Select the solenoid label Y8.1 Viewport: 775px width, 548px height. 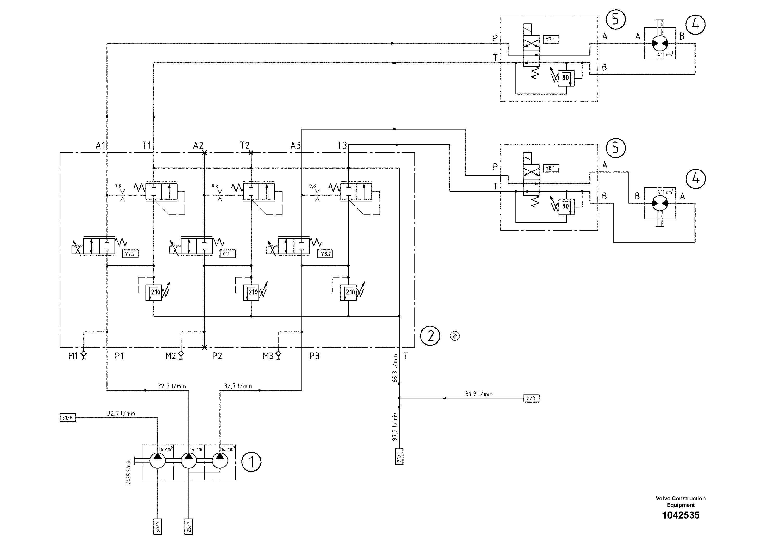(551, 168)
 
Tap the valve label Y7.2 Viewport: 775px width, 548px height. (130, 254)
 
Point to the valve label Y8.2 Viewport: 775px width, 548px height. (325, 254)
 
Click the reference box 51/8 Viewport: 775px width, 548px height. (67, 418)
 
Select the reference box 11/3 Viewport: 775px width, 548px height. (531, 398)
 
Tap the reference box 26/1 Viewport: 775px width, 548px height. (399, 457)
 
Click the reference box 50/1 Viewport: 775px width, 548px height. (158, 526)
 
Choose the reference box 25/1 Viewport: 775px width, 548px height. (189, 526)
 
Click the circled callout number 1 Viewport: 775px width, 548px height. (251, 462)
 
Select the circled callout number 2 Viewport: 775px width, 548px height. (430, 336)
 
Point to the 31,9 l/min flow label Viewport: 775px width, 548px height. (479, 394)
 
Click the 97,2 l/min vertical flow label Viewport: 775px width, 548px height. (395, 427)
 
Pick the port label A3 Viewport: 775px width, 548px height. (295, 146)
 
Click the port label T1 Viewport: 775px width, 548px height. (147, 146)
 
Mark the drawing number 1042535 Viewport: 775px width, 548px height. (681, 515)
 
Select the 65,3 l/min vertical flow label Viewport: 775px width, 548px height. (395, 368)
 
